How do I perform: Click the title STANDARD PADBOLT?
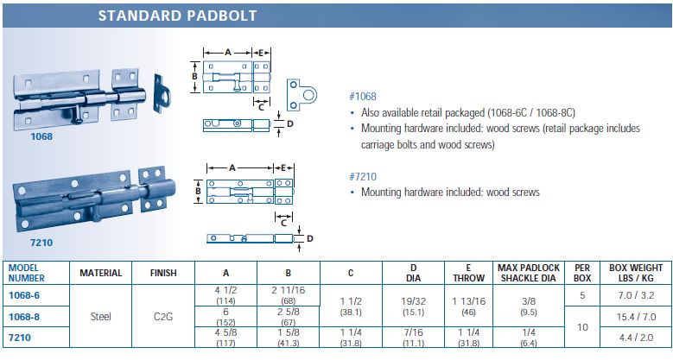tap(177, 16)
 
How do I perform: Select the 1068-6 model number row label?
tap(24, 295)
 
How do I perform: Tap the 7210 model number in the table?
tap(20, 338)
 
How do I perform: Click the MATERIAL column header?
tap(101, 273)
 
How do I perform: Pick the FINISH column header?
tap(163, 273)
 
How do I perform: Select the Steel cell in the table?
tap(101, 317)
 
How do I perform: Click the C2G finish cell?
tap(163, 317)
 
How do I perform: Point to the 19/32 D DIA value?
tap(413, 301)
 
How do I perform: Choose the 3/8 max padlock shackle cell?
tap(529, 301)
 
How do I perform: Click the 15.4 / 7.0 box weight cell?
tap(636, 317)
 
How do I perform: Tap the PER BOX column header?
tap(582, 273)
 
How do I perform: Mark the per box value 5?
tap(582, 295)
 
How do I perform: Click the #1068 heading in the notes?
tap(363, 97)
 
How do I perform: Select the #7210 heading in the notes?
tap(363, 177)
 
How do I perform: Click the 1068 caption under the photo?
tap(41, 136)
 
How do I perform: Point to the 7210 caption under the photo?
tap(41, 243)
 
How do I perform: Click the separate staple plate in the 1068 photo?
tap(161, 94)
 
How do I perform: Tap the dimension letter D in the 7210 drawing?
tap(310, 238)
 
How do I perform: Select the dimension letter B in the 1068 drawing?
tap(194, 77)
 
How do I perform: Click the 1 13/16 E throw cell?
tap(469, 301)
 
